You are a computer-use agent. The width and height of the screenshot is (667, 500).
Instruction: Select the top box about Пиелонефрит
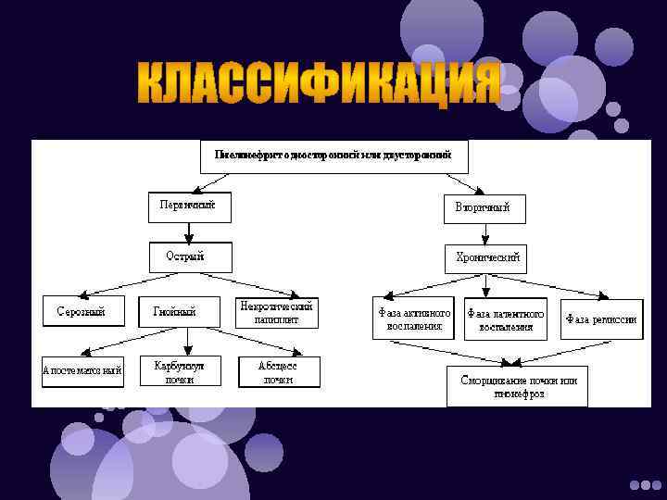[x=334, y=156]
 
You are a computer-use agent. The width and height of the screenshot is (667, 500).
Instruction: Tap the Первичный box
[x=189, y=206]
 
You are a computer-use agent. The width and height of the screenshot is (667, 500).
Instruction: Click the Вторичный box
[x=483, y=207]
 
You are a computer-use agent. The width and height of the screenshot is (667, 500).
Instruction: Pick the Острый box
[x=189, y=256]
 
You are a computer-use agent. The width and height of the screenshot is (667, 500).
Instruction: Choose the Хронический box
[x=487, y=257]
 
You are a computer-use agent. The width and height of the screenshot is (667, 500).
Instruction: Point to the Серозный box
[x=76, y=312]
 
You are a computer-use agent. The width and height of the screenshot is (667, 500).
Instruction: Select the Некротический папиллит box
[x=277, y=312]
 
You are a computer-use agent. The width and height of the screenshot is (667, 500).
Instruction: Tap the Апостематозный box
[x=82, y=370]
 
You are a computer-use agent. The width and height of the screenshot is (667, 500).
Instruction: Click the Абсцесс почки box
[x=277, y=371]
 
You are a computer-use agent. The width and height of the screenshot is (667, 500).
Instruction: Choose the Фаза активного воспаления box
[x=415, y=319]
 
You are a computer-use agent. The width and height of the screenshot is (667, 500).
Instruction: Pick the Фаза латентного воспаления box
[x=506, y=319]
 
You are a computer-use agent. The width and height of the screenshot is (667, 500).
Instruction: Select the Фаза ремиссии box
[x=601, y=319]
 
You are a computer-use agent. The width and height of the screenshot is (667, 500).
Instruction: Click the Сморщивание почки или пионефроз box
[x=518, y=388]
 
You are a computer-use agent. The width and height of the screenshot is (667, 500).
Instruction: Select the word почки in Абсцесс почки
[x=277, y=380]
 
